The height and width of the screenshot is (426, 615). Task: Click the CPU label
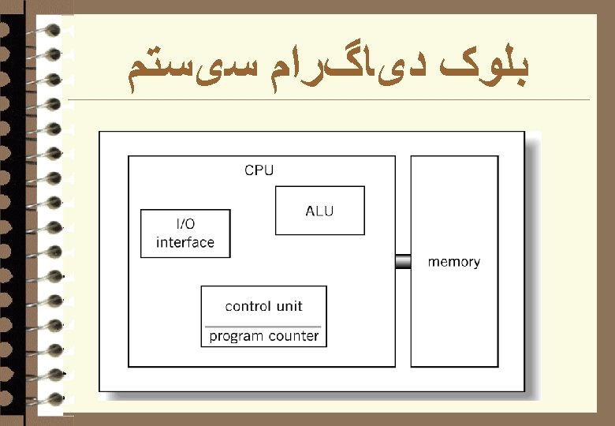(259, 170)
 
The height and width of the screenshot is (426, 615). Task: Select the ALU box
(319, 211)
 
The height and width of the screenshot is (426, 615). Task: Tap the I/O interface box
(185, 234)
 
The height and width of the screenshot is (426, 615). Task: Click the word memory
(453, 262)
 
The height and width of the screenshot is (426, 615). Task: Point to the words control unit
(263, 306)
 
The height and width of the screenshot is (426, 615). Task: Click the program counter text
(263, 336)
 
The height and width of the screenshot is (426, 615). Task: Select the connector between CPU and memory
(403, 261)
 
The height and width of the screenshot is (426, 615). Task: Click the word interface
(185, 242)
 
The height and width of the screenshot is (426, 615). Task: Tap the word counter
(293, 336)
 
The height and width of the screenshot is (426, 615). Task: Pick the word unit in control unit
(289, 306)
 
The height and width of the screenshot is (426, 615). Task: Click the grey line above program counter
(263, 326)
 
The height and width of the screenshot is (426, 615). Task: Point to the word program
(236, 336)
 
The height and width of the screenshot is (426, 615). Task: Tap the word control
(249, 306)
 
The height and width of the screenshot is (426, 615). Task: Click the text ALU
(319, 211)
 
